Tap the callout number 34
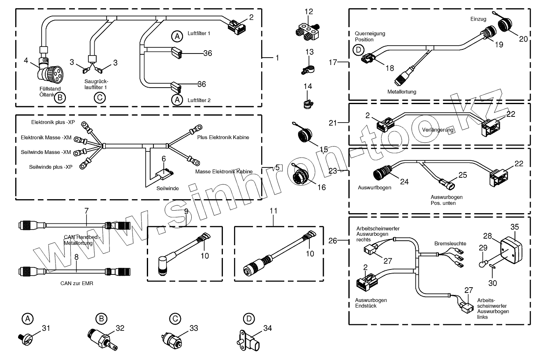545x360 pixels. [268, 328]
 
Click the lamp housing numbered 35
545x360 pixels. [511, 247]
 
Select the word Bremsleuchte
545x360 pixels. [450, 244]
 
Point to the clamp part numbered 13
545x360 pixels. [305, 68]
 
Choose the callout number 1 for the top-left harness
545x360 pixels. [277, 58]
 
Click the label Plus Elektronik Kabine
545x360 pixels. [223, 137]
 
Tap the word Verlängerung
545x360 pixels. [438, 130]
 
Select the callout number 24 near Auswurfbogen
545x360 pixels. [404, 181]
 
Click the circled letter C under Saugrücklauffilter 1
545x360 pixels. [99, 98]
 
